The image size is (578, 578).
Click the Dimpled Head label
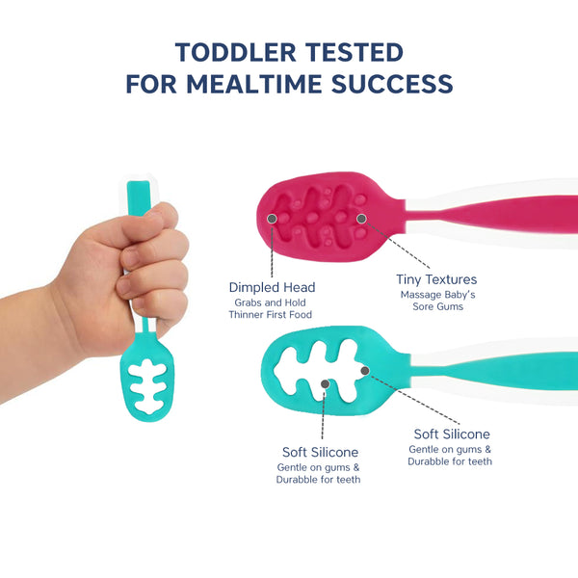click(x=272, y=287)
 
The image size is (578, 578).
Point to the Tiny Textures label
click(x=437, y=280)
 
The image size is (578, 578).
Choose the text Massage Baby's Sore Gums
click(x=437, y=301)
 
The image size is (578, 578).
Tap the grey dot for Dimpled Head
click(x=272, y=219)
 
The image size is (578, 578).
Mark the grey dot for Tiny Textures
click(x=361, y=219)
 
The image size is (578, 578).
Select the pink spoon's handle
click(x=501, y=213)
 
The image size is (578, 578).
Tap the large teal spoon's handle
click(x=501, y=368)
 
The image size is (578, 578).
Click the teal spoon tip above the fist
click(x=140, y=194)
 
